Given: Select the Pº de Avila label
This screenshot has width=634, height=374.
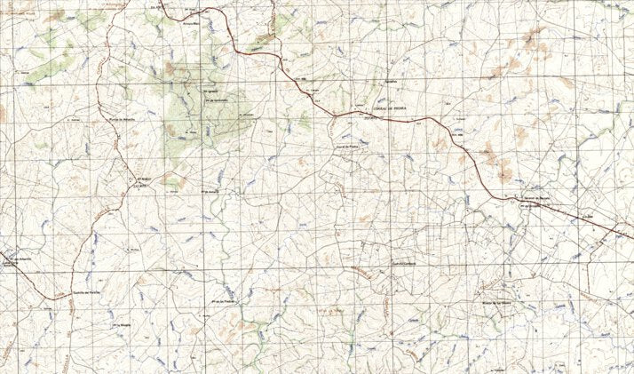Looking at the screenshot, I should pyautogui.click(x=210, y=190).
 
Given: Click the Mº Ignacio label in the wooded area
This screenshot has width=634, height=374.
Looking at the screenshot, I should pyautogui.click(x=210, y=90).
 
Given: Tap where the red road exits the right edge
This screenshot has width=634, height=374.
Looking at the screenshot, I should pyautogui.click(x=631, y=239).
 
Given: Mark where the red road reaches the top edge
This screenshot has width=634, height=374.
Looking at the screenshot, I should pyautogui.click(x=162, y=2).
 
